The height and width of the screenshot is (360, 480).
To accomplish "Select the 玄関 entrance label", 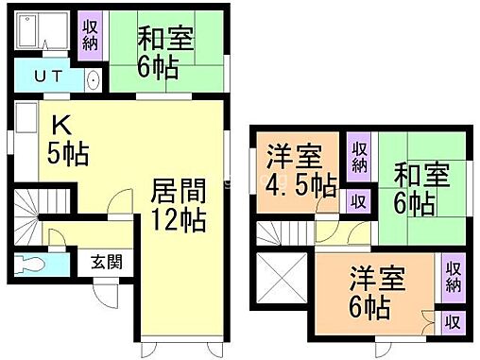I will click(x=105, y=262).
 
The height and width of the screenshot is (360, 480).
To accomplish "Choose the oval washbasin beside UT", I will click(x=91, y=79).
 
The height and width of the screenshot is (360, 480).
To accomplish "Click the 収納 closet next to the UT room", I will click(x=90, y=36).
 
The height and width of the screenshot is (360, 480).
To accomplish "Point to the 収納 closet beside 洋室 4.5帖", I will click(x=359, y=157).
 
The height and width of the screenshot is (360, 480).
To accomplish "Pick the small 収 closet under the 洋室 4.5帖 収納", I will click(x=359, y=200).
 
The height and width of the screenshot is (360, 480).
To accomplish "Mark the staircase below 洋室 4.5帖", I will click(x=283, y=232).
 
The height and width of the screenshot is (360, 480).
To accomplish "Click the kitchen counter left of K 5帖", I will click(x=25, y=142).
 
